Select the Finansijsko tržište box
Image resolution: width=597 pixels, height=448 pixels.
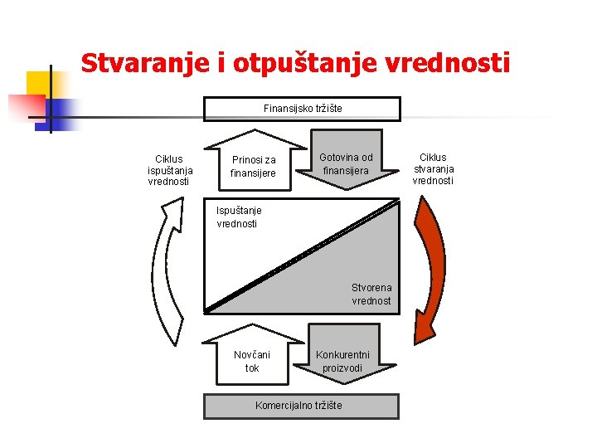click(303, 109)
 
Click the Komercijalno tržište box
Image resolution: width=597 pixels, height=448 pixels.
click(302, 406)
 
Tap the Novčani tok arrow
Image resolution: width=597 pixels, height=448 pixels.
click(252, 359)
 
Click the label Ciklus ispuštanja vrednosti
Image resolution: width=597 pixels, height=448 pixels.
click(169, 169)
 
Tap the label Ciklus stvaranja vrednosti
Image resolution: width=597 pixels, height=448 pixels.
click(433, 168)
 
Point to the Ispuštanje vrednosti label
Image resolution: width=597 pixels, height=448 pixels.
click(238, 217)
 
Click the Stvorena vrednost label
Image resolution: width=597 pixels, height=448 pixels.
click(371, 295)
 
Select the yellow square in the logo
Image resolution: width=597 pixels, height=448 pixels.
click(38, 83)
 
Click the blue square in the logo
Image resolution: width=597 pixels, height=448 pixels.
click(63, 112)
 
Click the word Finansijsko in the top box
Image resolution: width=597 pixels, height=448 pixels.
click(285, 109)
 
